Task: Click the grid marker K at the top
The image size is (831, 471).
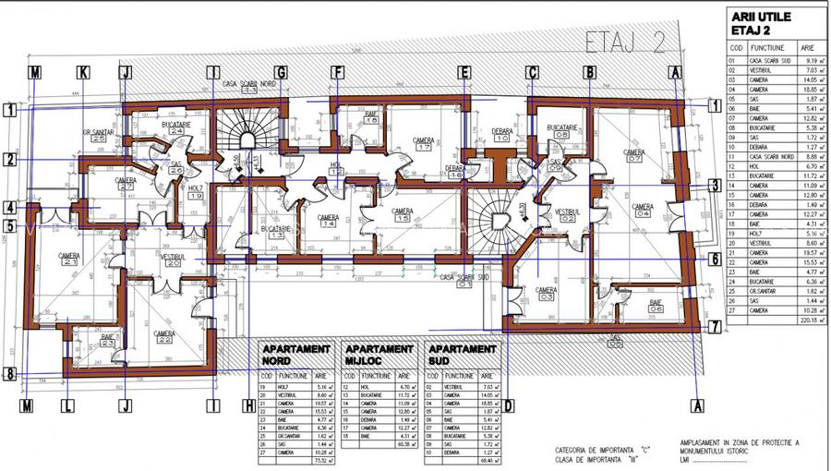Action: tap(83, 72)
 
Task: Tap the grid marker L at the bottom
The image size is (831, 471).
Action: tap(66, 405)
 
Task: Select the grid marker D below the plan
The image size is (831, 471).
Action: tap(508, 405)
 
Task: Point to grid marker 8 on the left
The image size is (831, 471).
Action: tap(10, 374)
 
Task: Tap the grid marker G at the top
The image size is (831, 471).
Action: tap(281, 72)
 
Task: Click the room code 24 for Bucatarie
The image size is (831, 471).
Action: tap(175, 131)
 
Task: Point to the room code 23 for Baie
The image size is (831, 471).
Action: tap(108, 343)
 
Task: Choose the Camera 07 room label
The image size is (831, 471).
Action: tap(633, 154)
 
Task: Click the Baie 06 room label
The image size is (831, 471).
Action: tap(656, 306)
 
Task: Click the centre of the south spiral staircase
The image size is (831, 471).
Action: tap(500, 220)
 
